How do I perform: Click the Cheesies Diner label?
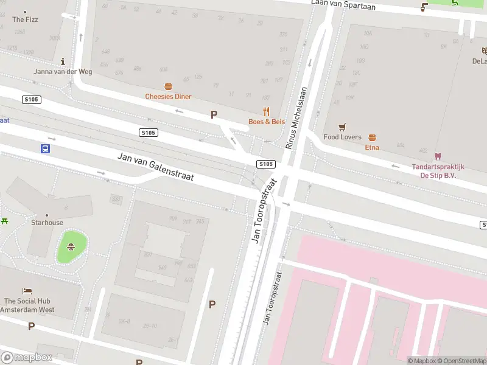point(168,97)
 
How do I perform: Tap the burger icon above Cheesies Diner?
point(168,87)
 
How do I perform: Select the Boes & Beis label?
point(267,122)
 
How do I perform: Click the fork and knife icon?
point(266,111)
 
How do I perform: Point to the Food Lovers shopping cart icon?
point(342,127)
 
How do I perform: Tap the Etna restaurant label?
point(372,147)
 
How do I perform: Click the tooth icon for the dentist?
point(438,156)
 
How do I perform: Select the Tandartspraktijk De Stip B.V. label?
point(438,171)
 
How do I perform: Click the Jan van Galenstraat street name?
point(155,167)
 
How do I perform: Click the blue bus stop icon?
point(45,148)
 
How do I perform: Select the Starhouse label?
point(47,223)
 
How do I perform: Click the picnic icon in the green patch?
point(71,246)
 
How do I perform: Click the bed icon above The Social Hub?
point(27,291)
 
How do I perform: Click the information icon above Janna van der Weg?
point(63,61)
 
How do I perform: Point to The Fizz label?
point(25,19)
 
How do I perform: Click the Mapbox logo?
point(27,357)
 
